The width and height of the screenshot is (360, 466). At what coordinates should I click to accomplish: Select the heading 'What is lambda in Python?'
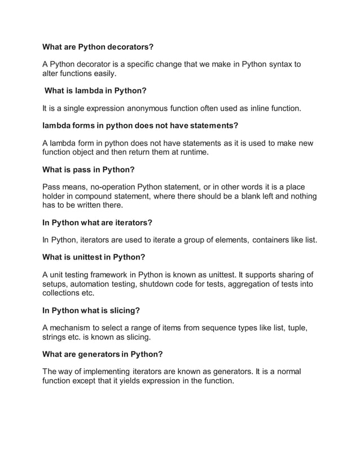[x=96, y=90]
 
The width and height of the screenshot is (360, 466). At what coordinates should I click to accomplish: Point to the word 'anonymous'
[x=163, y=108]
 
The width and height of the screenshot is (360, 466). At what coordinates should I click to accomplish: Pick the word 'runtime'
[x=188, y=152]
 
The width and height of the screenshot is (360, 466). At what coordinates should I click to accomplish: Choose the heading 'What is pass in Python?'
[x=89, y=169]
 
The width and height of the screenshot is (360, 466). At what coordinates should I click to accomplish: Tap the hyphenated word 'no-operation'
[x=123, y=187]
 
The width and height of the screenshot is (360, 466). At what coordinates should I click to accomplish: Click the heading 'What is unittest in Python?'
[x=94, y=257]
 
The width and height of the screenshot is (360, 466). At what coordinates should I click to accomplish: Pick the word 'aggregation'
[x=243, y=284]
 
